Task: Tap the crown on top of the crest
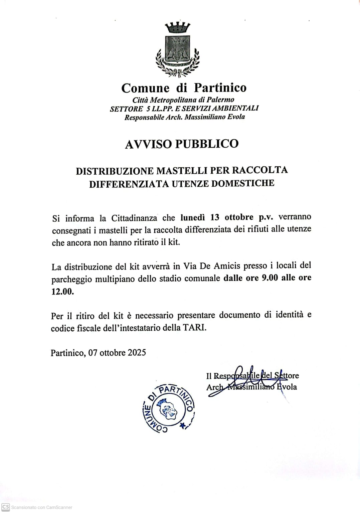pos(178,27)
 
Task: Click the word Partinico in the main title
pos(220,88)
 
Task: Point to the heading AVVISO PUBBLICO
pos(182,144)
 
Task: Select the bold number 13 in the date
pos(215,217)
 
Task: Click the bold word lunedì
pos(193,217)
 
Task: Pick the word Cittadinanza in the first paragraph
pos(134,218)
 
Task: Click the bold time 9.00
pos(270,278)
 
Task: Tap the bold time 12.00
pos(62,291)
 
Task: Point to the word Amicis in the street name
pos(227,266)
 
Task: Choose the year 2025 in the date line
pos(136,353)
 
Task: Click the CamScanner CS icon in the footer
pos(6,507)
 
